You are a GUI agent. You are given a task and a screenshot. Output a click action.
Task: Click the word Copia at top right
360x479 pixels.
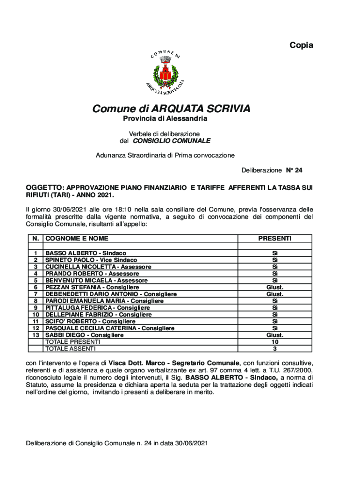coord(301,45)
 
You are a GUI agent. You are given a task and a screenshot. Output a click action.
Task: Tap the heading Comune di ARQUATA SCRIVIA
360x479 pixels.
coord(171,109)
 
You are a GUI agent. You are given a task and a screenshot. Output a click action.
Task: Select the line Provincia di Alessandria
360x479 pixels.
coord(165,119)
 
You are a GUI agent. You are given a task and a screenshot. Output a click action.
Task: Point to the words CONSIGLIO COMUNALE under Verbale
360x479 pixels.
coord(172,140)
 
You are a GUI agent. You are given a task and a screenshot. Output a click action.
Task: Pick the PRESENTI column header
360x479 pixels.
coord(274,239)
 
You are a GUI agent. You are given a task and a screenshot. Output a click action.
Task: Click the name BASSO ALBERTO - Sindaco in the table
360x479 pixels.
coord(86,253)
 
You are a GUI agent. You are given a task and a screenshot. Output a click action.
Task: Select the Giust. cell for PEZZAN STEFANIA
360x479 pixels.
coord(274,287)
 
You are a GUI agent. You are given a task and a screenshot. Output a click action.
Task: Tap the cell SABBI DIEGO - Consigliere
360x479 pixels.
coord(84,335)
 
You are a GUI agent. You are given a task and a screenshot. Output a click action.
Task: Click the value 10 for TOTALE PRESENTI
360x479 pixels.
coord(274,342)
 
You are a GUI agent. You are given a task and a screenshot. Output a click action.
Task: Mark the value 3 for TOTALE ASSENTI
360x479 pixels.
coord(274,348)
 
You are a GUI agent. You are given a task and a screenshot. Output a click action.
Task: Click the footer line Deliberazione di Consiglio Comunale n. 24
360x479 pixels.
coord(116,443)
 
